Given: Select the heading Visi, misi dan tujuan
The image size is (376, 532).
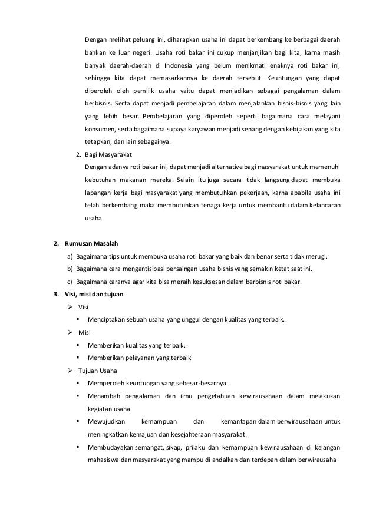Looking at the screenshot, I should coord(94,294).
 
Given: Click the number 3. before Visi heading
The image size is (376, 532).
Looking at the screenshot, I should coord(55,294).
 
